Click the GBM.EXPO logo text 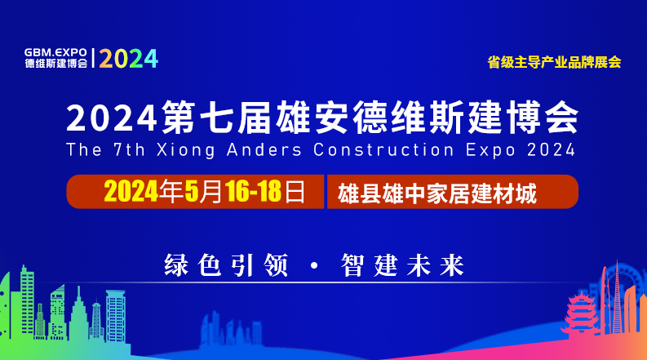pyautogui.click(x=55, y=52)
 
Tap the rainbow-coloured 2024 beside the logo pyautogui.click(x=129, y=59)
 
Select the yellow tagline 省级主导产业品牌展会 pyautogui.click(x=554, y=62)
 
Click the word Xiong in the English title pyautogui.click(x=186, y=150)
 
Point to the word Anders pyautogui.click(x=264, y=149)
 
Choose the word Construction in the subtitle pyautogui.click(x=383, y=149)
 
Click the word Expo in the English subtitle pyautogui.click(x=490, y=150)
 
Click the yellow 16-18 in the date pyautogui.click(x=254, y=192)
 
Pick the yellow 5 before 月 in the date pyautogui.click(x=191, y=192)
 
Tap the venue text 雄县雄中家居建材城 pyautogui.click(x=437, y=193)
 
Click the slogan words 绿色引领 pyautogui.click(x=226, y=265)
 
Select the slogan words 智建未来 pyautogui.click(x=402, y=265)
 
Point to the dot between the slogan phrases pyautogui.click(x=314, y=265)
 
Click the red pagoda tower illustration pyautogui.click(x=581, y=313)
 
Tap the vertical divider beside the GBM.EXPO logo pyautogui.click(x=93, y=58)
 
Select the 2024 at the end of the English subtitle pyautogui.click(x=551, y=149)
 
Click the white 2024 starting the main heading pyautogui.click(x=112, y=118)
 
